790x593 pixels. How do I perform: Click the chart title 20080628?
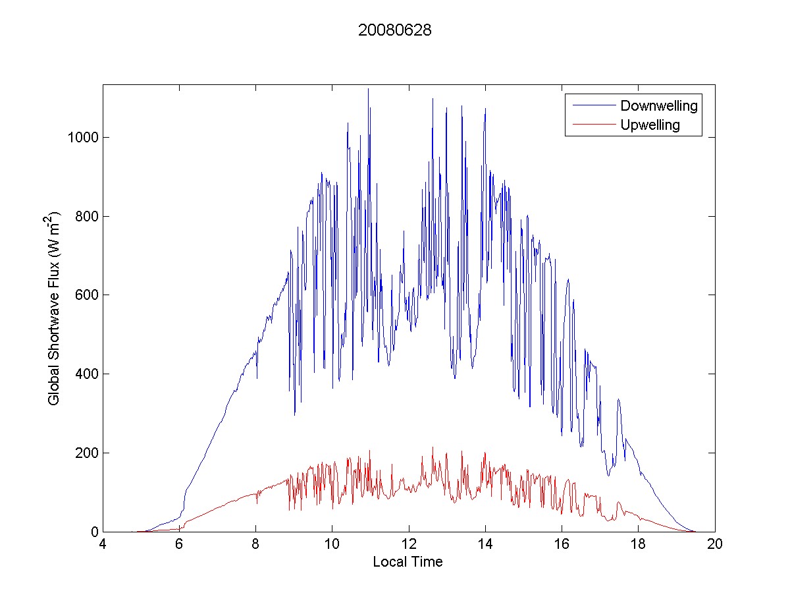394,30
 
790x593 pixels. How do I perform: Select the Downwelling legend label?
658,105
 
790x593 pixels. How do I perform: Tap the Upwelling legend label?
650,125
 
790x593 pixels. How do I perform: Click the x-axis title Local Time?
408,562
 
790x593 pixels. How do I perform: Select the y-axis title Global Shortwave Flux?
54,308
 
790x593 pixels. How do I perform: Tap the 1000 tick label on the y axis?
83,138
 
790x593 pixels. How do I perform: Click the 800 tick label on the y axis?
86,217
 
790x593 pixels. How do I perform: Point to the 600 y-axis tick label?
86,295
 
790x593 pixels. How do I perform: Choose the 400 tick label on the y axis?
86,374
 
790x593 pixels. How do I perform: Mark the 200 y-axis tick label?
86,453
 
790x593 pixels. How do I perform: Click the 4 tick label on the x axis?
103,545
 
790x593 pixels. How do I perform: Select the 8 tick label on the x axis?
256,545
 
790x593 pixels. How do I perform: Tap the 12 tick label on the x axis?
409,545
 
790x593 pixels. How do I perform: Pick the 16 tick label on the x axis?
562,545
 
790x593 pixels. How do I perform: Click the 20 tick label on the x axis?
715,545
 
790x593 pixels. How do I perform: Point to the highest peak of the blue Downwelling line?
368,89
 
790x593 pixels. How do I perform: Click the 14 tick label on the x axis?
485,545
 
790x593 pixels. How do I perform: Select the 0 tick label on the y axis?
93,532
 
